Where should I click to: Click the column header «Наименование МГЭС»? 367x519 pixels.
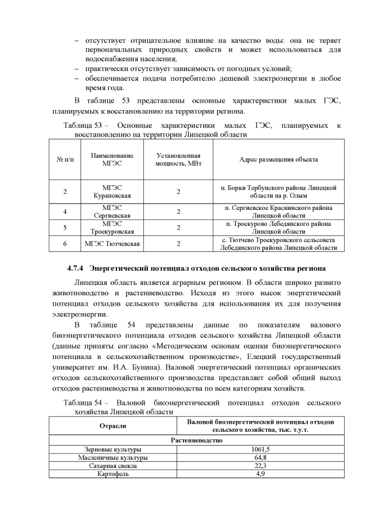(x=112, y=159)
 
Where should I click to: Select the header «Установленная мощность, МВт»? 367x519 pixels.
(x=178, y=159)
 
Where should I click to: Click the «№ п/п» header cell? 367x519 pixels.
(x=65, y=159)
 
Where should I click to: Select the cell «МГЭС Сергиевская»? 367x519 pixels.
(x=112, y=212)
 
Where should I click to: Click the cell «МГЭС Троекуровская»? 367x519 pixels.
(x=112, y=228)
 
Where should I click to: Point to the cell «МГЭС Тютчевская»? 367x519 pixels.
(x=112, y=244)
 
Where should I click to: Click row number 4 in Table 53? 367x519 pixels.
(x=65, y=212)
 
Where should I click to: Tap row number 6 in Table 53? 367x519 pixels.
(x=65, y=244)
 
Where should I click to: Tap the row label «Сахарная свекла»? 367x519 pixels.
(x=113, y=466)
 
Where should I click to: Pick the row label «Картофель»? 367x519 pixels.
(x=113, y=474)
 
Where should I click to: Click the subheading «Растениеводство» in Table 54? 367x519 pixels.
(x=197, y=440)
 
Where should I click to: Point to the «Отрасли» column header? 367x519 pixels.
(x=113, y=426)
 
